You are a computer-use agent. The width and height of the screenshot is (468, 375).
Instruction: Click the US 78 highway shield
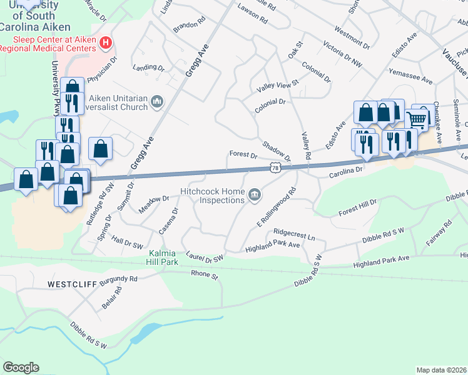click(x=275, y=167)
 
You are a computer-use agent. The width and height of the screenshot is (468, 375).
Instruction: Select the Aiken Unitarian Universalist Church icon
click(x=157, y=101)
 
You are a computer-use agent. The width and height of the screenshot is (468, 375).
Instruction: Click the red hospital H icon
click(x=106, y=43)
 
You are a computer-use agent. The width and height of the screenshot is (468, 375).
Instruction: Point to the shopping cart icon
click(x=416, y=119)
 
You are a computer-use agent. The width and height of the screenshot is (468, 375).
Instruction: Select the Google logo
click(x=21, y=367)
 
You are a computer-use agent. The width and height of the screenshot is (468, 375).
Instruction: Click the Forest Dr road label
click(x=243, y=154)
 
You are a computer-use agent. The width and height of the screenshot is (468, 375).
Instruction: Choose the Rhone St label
click(x=204, y=274)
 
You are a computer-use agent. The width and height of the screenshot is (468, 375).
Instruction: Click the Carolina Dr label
click(x=346, y=170)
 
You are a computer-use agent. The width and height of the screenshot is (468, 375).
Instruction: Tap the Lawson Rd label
click(x=253, y=14)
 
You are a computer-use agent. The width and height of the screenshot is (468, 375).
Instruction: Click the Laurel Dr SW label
click(x=205, y=256)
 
